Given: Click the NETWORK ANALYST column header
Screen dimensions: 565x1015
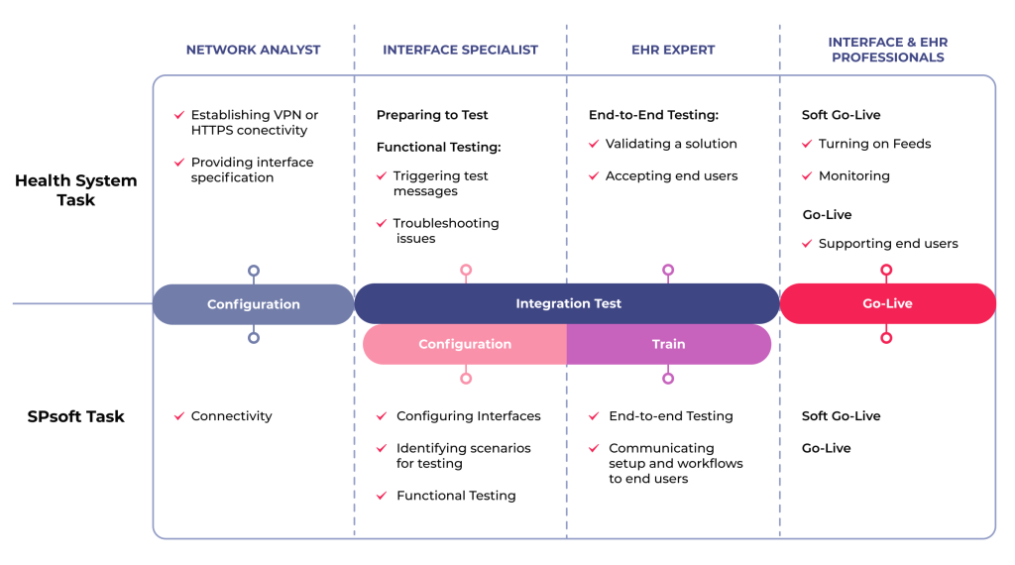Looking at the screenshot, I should [253, 50].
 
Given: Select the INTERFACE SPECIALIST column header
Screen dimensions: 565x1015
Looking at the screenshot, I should [460, 50].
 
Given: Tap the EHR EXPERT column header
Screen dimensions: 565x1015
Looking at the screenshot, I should [673, 50].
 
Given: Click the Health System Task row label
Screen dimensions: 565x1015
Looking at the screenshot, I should [76, 189].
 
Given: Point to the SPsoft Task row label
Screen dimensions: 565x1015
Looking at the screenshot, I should [76, 416].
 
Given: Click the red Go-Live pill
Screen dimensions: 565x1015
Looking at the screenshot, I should [887, 303].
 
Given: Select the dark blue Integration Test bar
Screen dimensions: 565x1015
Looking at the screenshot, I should [568, 303].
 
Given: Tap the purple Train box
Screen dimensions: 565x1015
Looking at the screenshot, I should [668, 344].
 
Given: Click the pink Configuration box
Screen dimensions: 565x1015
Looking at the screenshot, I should [465, 344].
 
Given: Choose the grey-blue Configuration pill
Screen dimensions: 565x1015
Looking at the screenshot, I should [253, 304].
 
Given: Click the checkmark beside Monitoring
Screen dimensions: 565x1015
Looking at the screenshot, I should [808, 175].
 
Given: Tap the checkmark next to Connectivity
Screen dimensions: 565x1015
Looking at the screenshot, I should [178, 416].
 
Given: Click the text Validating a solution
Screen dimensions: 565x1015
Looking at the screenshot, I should [671, 144].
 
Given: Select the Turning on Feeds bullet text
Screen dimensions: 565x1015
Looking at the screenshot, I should [874, 144].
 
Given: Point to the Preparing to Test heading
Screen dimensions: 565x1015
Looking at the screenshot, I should [432, 115].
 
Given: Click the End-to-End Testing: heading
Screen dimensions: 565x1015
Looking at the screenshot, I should [653, 115].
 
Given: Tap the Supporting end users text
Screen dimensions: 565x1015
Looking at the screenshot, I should [888, 244].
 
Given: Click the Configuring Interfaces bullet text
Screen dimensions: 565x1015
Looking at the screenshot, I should [468, 416].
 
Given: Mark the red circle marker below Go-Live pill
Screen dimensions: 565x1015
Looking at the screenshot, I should [886, 338].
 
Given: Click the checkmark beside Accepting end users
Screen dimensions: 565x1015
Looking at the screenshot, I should [595, 175].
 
